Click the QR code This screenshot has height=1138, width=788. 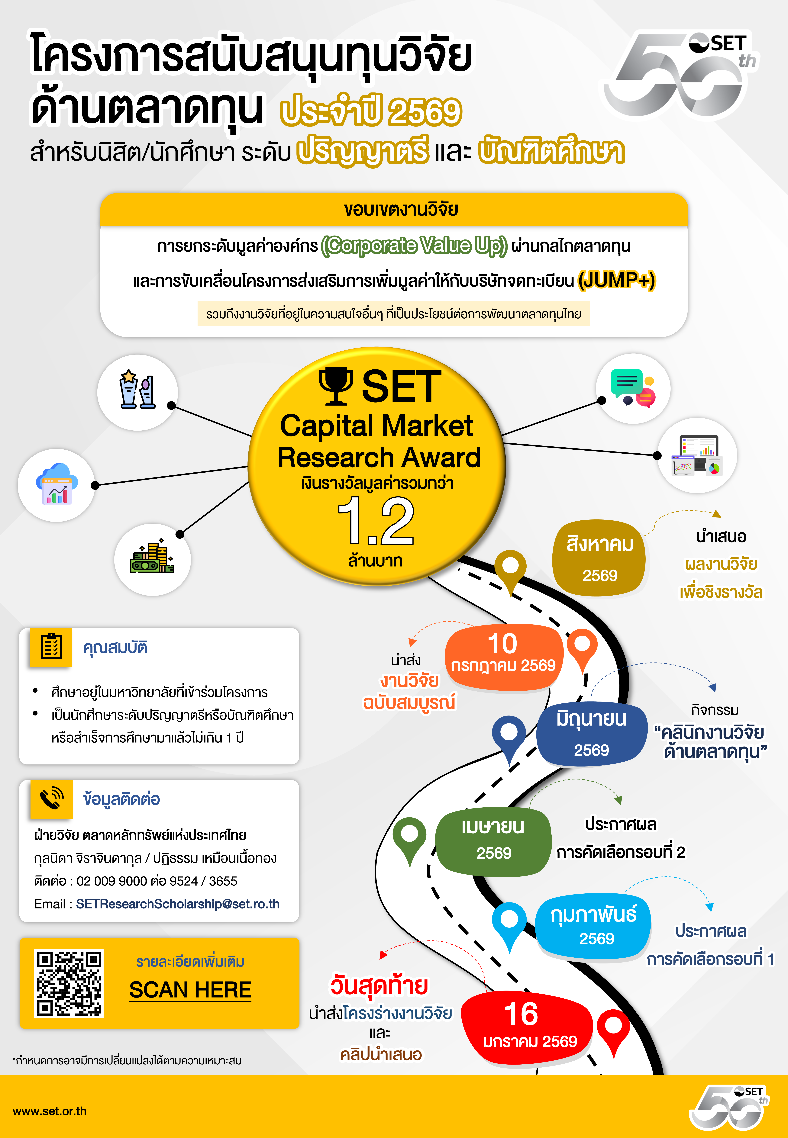pos(69,983)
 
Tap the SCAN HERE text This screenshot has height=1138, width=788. pos(190,990)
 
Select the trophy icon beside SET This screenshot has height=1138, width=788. pos(336,386)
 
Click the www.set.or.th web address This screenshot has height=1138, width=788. pos(49,1111)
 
